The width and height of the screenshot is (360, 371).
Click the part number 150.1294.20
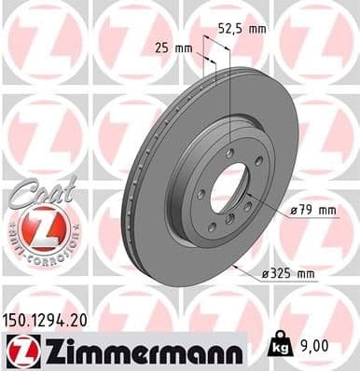pos(54,318)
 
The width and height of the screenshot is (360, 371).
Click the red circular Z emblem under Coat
pos(34,225)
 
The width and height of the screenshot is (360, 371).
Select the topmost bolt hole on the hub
pos(228,151)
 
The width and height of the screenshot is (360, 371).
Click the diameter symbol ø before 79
pos(294,212)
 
